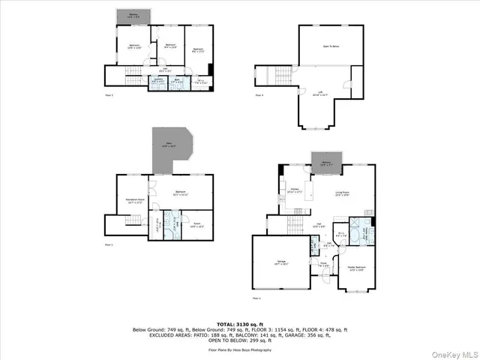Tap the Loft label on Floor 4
tap(320, 94)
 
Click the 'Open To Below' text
tap(331, 46)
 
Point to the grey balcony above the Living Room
tap(327, 163)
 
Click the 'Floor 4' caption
tap(259, 96)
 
